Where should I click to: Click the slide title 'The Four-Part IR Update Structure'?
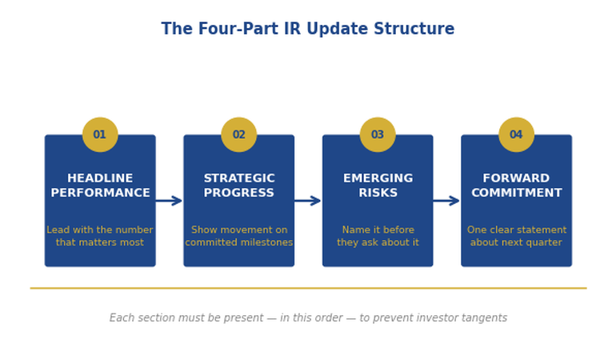click(307, 30)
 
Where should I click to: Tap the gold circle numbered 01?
click(100, 134)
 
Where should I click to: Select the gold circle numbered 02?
click(238, 134)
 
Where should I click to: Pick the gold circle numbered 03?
click(378, 134)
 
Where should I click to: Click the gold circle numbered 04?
click(516, 134)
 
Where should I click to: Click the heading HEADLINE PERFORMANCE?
click(100, 186)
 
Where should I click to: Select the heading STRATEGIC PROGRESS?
click(238, 186)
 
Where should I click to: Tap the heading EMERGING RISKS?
click(378, 186)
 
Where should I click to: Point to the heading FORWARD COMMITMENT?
click(516, 186)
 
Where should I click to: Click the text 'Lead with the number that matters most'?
click(100, 236)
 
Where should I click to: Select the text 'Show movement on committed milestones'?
click(238, 236)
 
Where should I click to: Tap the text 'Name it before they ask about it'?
click(378, 236)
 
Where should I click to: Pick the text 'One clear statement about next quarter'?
click(516, 236)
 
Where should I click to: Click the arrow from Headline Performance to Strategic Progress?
click(169, 201)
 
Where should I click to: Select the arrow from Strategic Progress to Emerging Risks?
click(308, 201)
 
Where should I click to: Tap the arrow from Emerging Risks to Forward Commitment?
click(446, 201)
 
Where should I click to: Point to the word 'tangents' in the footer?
click(483, 318)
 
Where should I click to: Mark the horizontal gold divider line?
click(308, 288)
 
